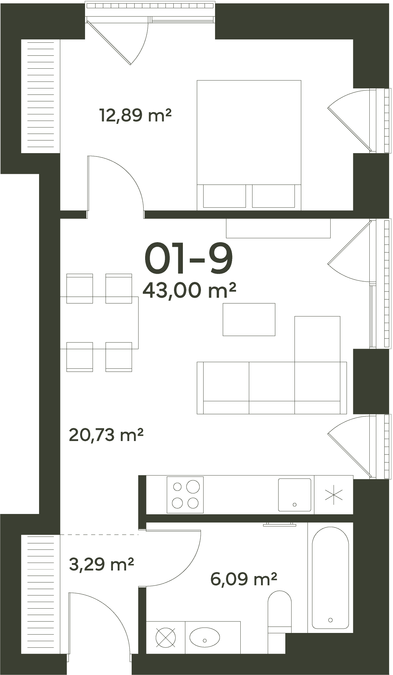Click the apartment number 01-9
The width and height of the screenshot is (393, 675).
[188, 259]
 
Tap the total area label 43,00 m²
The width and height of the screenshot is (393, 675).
[189, 291]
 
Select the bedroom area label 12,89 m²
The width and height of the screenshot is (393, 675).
[135, 115]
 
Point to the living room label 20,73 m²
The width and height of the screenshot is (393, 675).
[106, 435]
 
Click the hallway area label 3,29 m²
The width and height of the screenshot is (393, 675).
[101, 564]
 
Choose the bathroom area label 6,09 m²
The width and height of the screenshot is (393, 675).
[244, 579]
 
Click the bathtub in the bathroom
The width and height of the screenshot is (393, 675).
[330, 577]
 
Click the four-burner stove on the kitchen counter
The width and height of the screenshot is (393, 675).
[185, 495]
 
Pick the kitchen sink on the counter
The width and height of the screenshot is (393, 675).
[295, 495]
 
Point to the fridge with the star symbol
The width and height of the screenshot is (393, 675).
[334, 495]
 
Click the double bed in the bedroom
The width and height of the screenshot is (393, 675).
[249, 145]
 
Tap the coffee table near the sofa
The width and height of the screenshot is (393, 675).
[249, 319]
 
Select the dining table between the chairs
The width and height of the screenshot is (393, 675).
[99, 322]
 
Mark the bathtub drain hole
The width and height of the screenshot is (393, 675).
[330, 620]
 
